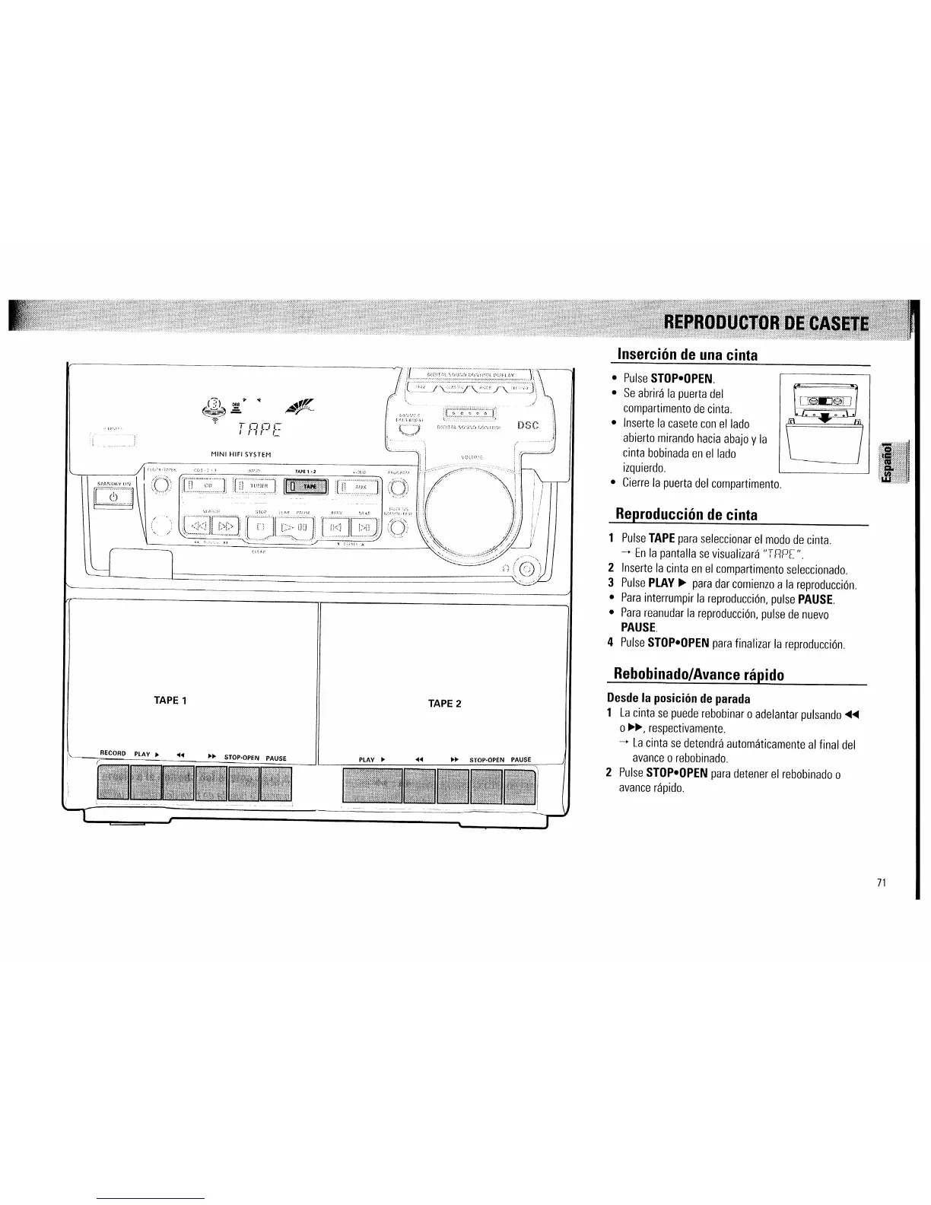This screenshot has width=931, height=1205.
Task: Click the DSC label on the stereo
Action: point(528,425)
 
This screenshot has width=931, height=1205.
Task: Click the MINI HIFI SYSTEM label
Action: point(240,454)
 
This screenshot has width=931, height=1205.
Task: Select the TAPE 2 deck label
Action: point(444,704)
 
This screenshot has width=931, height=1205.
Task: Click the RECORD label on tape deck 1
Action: point(113,753)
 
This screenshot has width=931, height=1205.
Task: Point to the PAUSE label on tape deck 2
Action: point(521,759)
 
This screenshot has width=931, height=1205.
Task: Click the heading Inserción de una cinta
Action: point(687,355)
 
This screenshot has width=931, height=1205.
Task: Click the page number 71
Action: point(882,883)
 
